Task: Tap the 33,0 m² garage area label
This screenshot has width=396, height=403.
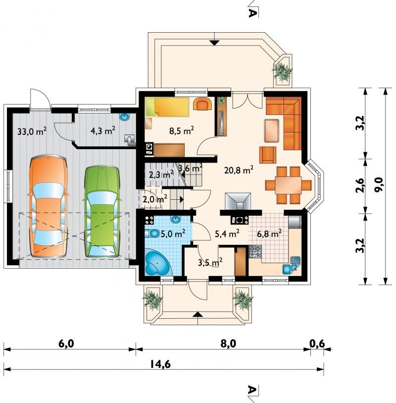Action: [32, 131]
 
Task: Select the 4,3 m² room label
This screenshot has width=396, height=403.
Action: [103, 130]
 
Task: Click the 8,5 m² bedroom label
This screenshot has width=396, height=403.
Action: [182, 130]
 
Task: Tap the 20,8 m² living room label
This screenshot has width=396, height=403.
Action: [239, 170]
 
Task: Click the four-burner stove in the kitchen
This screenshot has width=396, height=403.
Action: [255, 251]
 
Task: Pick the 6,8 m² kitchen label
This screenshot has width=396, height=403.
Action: [269, 233]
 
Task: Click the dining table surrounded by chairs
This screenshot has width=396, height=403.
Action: [288, 185]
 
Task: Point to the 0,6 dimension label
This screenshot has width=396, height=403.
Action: [317, 344]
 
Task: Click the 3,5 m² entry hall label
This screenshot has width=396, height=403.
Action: [210, 263]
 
